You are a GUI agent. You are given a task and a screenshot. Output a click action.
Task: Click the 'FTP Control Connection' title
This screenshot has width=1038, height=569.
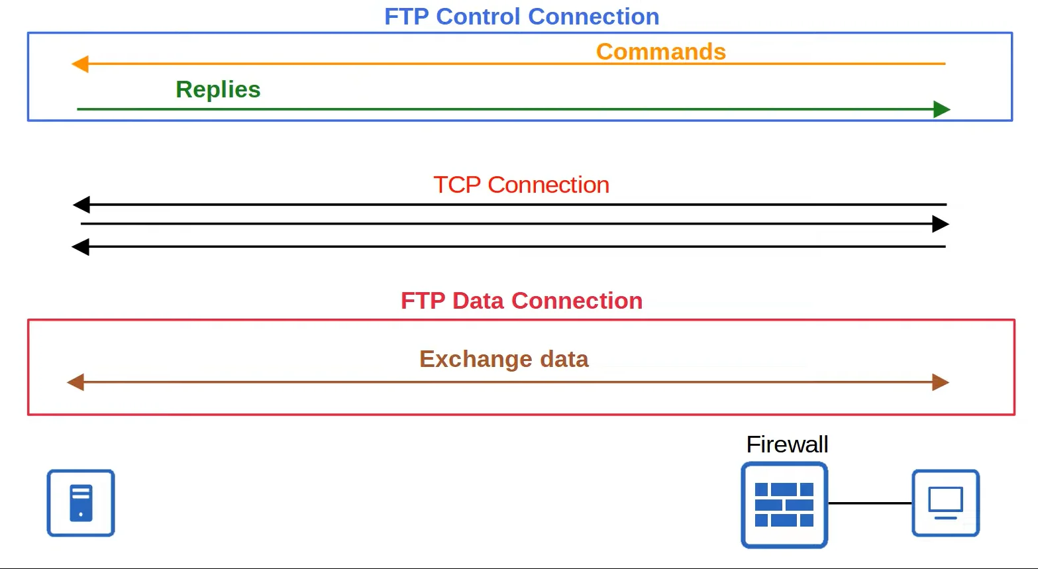pyautogui.click(x=522, y=17)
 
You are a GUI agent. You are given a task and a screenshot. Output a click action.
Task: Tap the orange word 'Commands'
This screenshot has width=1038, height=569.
pyautogui.click(x=661, y=52)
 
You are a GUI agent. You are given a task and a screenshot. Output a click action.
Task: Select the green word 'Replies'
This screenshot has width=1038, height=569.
pyautogui.click(x=218, y=89)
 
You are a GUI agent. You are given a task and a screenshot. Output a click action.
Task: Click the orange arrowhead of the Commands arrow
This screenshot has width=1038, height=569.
pyautogui.click(x=79, y=64)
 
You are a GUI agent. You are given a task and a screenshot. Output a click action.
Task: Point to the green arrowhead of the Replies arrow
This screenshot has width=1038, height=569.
pyautogui.click(x=941, y=109)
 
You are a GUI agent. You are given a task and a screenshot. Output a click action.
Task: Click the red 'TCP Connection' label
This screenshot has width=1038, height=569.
pyautogui.click(x=521, y=185)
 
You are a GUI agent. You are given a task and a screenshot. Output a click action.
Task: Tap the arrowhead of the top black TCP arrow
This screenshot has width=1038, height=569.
pyautogui.click(x=81, y=204)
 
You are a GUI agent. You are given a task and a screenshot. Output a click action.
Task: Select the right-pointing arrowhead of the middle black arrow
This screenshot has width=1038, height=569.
pyautogui.click(x=941, y=224)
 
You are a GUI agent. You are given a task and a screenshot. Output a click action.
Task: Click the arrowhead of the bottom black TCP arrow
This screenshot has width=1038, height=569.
pyautogui.click(x=80, y=247)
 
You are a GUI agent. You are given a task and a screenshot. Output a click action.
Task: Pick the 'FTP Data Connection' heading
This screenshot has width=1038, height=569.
pyautogui.click(x=522, y=301)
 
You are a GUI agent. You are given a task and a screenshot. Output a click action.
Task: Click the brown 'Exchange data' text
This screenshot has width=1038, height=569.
pyautogui.click(x=503, y=359)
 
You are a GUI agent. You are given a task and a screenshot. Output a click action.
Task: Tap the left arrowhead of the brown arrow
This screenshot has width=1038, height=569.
pyautogui.click(x=76, y=382)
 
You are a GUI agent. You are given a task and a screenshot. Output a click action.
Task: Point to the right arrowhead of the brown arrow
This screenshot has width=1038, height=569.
pyautogui.click(x=941, y=382)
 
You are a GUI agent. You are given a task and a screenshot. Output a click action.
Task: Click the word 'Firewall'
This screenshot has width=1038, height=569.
pyautogui.click(x=787, y=444)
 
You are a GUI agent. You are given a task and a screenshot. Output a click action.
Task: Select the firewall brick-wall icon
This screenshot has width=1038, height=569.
pyautogui.click(x=784, y=505)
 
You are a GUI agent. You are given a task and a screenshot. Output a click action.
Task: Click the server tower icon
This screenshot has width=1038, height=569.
pyautogui.click(x=81, y=503)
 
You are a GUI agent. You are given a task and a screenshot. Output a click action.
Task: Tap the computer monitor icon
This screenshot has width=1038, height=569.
pyautogui.click(x=946, y=503)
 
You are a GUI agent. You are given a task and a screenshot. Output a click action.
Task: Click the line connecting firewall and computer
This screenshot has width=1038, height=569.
pyautogui.click(x=870, y=503)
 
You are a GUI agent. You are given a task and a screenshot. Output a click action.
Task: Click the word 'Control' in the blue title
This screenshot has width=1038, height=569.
pyautogui.click(x=478, y=17)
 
